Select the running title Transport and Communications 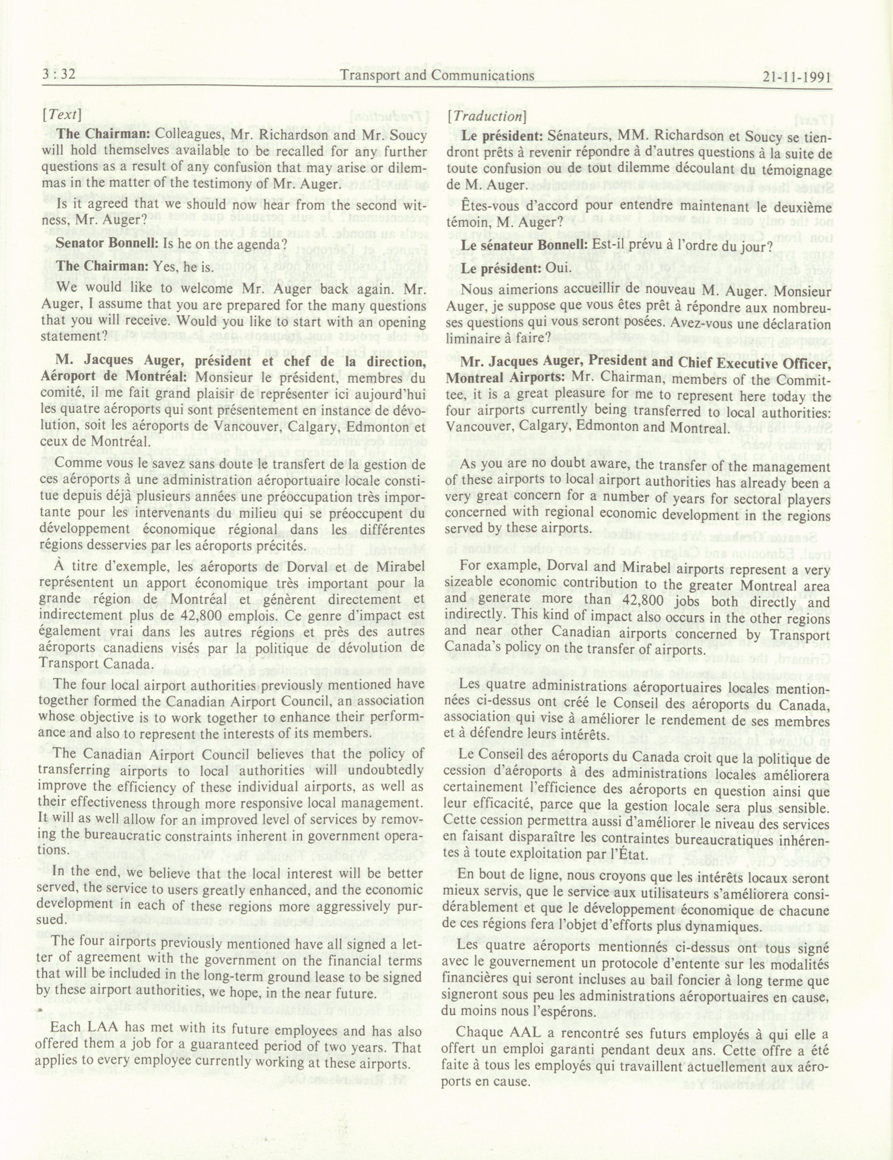point(437,75)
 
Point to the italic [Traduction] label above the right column point(486,116)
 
